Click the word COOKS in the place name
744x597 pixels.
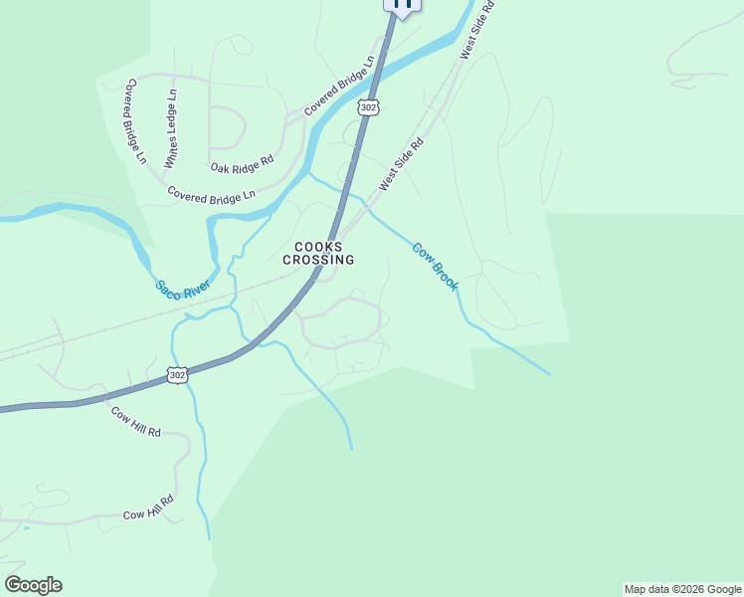coord(318,247)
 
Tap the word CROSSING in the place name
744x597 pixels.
coord(318,260)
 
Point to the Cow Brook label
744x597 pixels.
coord(436,267)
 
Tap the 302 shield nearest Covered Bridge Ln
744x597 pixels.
coord(369,107)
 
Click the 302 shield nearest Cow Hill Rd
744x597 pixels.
coord(177,374)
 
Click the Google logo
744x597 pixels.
coord(33,584)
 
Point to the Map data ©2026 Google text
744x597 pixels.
coord(681,589)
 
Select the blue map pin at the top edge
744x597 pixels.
coord(402,5)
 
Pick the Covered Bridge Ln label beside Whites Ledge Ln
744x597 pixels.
coord(134,122)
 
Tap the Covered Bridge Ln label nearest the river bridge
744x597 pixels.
coord(340,86)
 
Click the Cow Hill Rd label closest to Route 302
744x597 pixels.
coord(135,423)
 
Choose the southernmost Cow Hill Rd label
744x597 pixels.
coord(149,508)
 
